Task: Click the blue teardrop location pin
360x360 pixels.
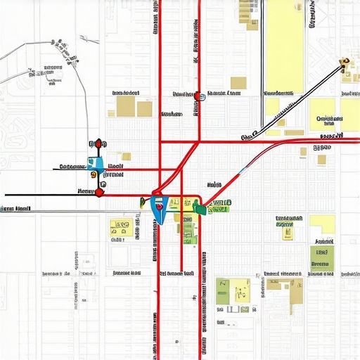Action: [159, 209]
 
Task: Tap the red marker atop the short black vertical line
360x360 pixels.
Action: [98, 143]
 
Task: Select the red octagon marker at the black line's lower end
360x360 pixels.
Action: [99, 191]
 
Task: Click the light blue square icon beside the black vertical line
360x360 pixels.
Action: [97, 164]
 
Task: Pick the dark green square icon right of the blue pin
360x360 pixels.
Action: [201, 208]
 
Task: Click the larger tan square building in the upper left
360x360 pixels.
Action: [125, 106]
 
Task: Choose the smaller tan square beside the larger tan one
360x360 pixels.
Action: [144, 108]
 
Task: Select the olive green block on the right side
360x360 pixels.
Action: [322, 258]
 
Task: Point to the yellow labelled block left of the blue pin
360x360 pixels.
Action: [119, 228]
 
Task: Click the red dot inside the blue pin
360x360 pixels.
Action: [159, 207]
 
